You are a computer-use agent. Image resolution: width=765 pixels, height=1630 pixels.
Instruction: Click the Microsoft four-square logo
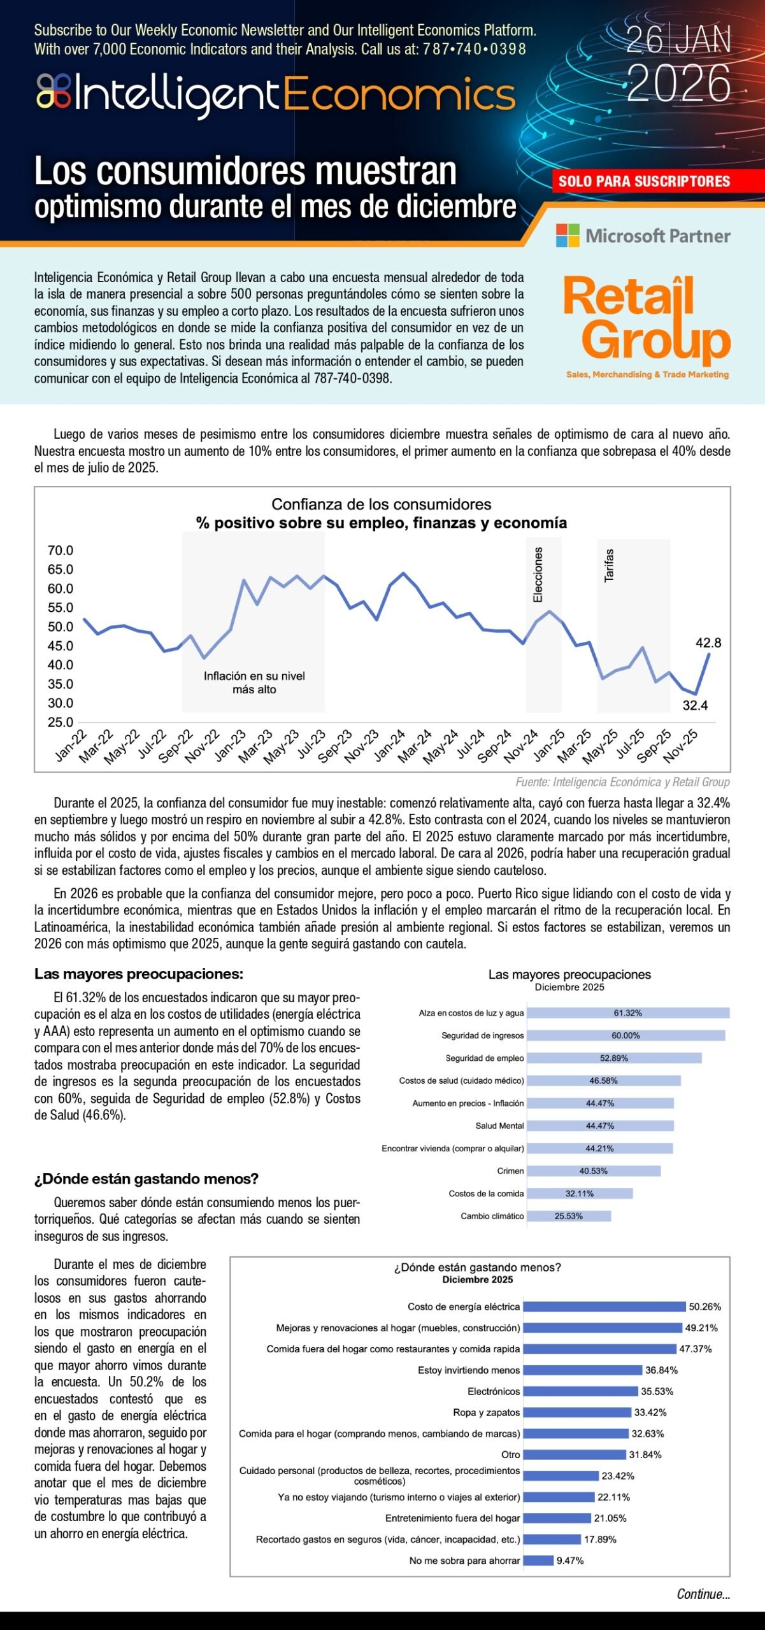click(568, 236)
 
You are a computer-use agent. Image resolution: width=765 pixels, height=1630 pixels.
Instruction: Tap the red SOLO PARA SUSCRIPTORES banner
click(644, 181)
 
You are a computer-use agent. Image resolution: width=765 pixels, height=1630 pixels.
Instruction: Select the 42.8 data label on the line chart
click(708, 643)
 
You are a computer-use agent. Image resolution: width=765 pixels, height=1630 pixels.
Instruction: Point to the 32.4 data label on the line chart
click(695, 705)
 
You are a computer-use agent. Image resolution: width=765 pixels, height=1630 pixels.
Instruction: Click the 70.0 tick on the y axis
click(61, 550)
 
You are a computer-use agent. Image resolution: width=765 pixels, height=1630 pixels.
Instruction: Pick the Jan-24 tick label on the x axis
click(389, 746)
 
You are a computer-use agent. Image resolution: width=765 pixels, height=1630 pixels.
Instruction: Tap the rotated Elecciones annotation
click(538, 575)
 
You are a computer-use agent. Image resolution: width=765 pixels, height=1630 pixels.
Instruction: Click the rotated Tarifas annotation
click(609, 565)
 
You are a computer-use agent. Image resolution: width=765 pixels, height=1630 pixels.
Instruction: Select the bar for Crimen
click(594, 1171)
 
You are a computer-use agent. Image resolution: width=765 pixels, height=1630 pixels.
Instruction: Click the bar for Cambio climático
click(569, 1216)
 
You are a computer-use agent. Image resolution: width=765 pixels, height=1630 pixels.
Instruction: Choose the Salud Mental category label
click(499, 1126)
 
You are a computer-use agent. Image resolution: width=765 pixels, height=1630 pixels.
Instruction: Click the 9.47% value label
click(570, 1561)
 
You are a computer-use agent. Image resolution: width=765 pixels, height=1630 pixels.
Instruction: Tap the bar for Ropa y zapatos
click(577, 1412)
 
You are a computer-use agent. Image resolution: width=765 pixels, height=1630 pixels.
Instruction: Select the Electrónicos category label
click(494, 1391)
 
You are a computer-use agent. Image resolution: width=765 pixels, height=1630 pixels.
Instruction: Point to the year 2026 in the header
click(678, 83)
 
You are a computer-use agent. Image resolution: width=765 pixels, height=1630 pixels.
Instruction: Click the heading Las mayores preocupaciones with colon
click(139, 974)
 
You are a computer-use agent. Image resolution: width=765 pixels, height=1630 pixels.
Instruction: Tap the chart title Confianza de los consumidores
click(381, 504)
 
